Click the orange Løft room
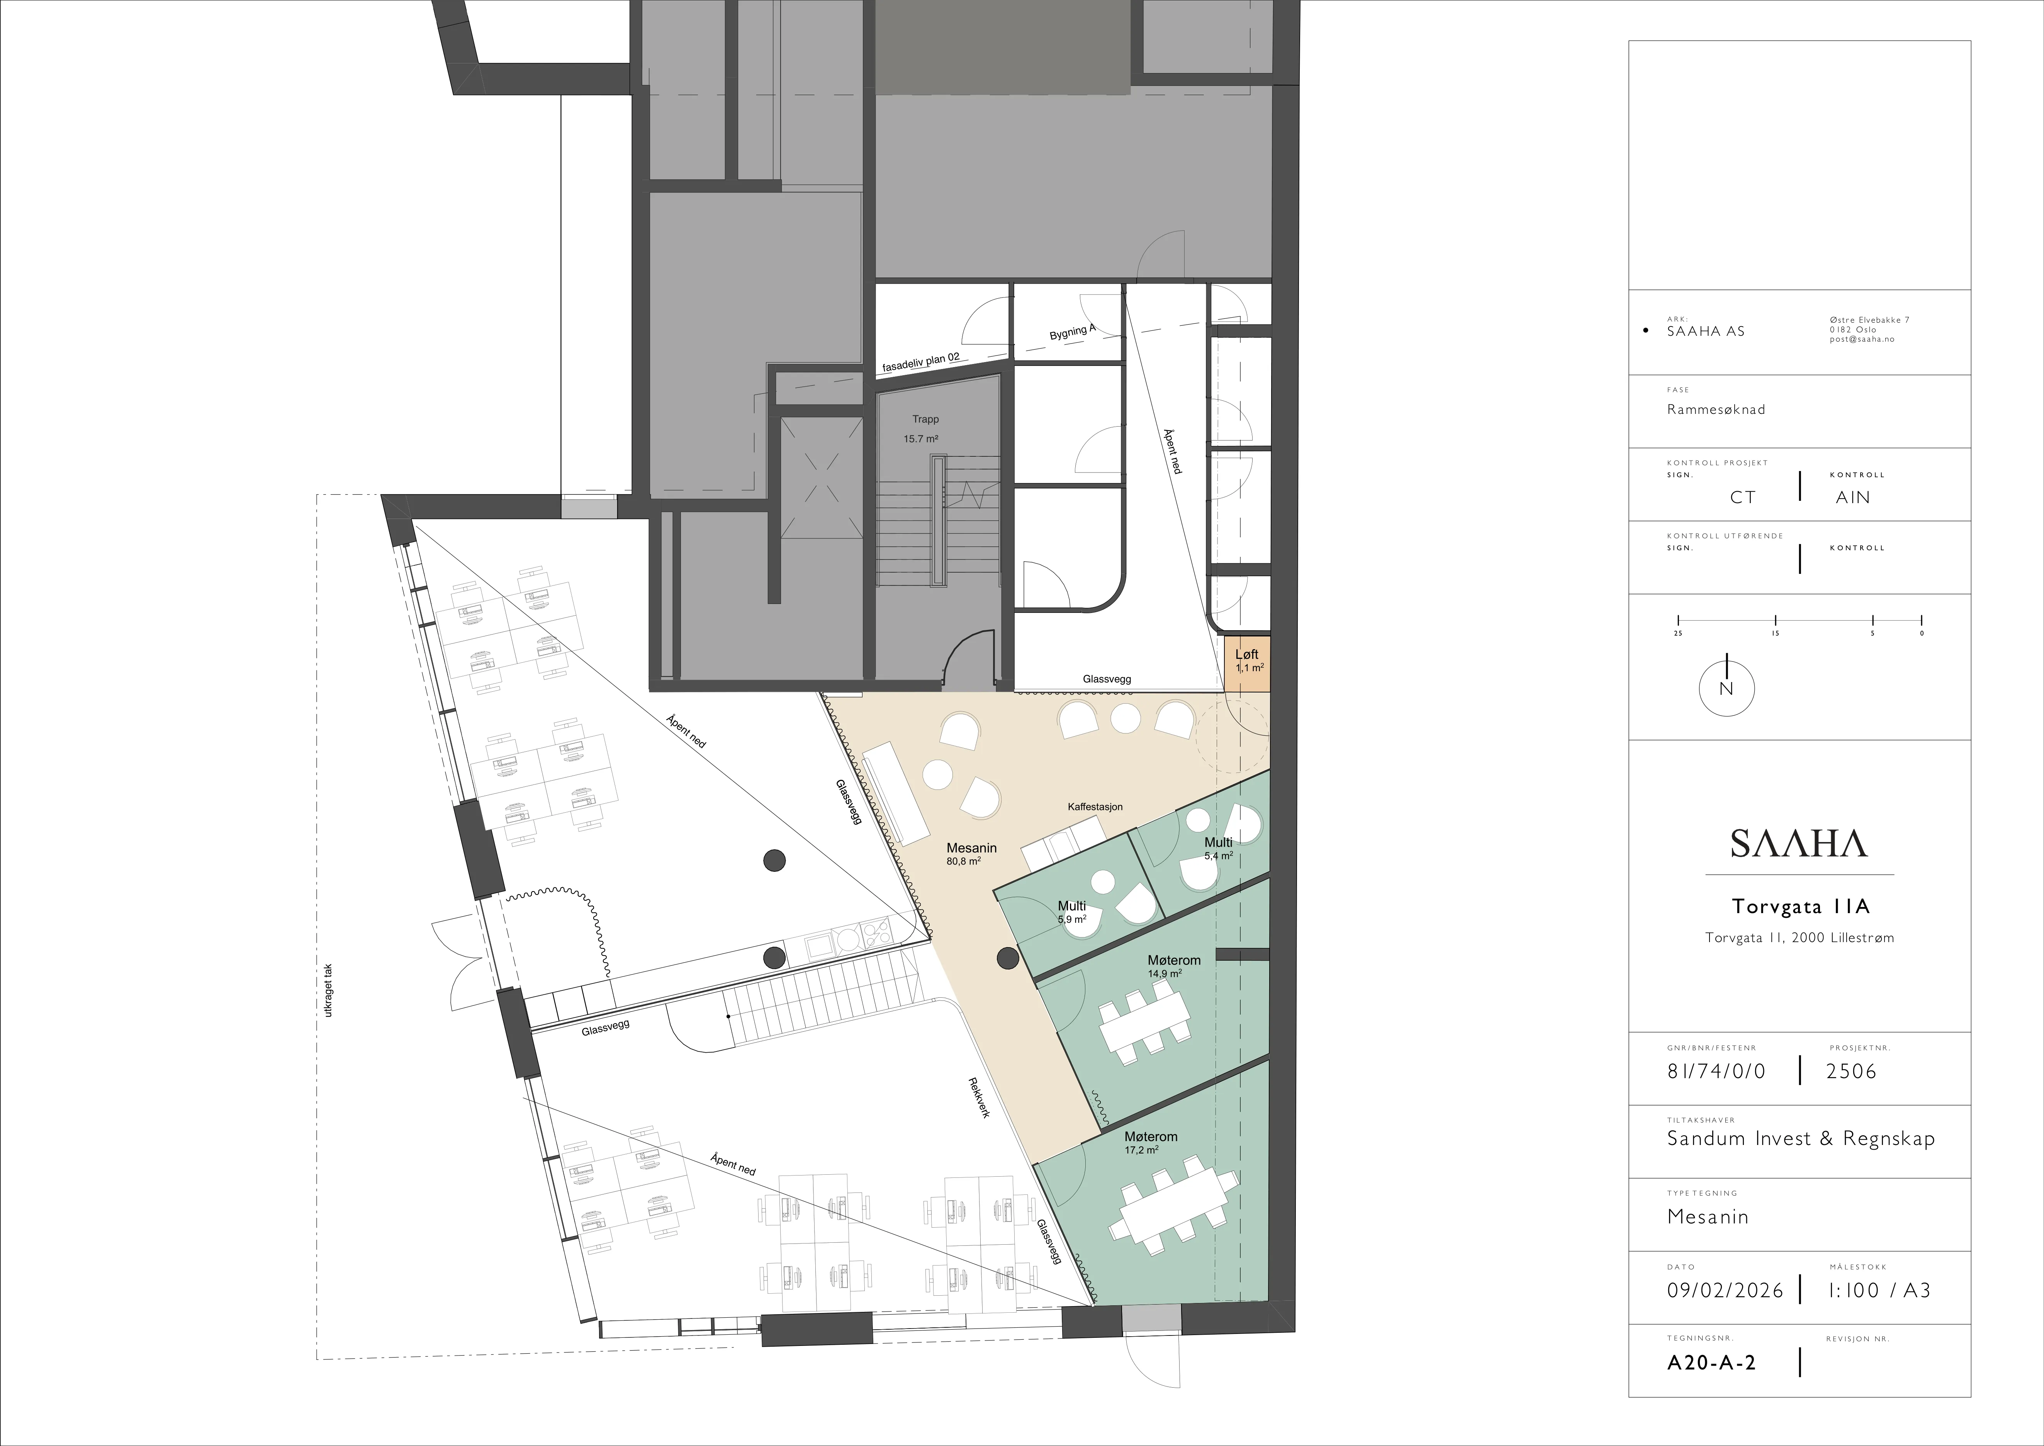[x=1246, y=663]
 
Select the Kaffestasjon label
[x=1095, y=807]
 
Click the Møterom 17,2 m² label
[x=1150, y=1142]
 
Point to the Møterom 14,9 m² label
[x=1173, y=966]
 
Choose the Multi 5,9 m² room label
[x=1072, y=912]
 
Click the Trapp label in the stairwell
[x=925, y=419]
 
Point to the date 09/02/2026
[x=1725, y=1290]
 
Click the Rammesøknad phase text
[x=1716, y=410]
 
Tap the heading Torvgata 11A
[x=1800, y=907]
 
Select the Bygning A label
[x=1072, y=332]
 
